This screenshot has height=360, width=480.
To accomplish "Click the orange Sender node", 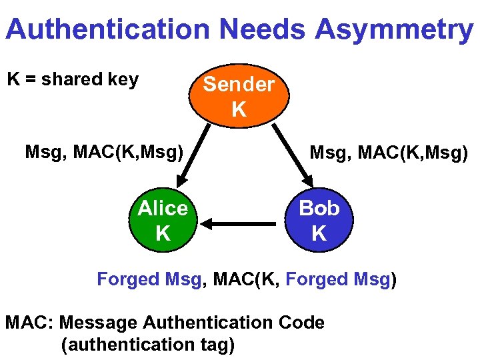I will tap(239, 97).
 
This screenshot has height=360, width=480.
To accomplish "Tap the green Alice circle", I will tap(163, 221).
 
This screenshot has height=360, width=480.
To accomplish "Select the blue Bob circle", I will tap(319, 221).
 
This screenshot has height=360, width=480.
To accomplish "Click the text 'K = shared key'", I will tap(73, 80).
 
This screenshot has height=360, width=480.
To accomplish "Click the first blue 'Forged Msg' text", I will tap(149, 279).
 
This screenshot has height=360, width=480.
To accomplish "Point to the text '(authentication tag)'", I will tap(147, 345).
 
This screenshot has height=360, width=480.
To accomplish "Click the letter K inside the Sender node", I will tap(239, 109).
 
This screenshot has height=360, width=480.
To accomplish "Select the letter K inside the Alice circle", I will tap(163, 233).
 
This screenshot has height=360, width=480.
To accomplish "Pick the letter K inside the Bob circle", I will tap(319, 233).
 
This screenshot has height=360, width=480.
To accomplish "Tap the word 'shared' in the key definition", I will tap(73, 80).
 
